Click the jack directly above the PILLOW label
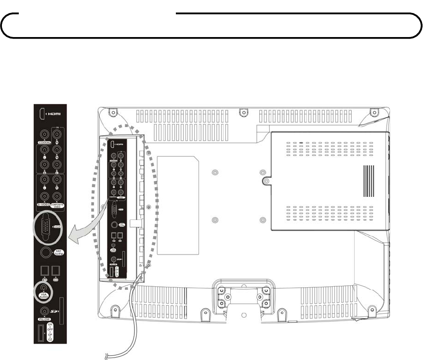click(45, 311)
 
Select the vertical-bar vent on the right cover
click(369, 181)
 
